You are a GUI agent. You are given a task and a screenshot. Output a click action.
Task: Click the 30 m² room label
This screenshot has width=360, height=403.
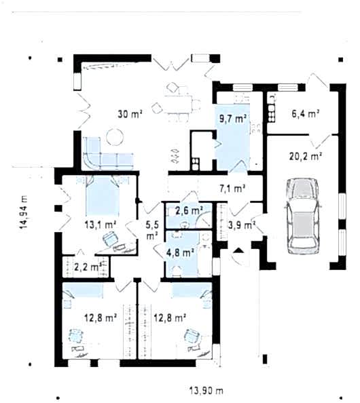tap(130, 114)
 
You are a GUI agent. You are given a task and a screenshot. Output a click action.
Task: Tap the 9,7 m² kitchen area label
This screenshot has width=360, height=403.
tap(233, 119)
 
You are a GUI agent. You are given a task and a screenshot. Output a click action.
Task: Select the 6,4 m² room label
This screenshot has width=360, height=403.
tap(306, 113)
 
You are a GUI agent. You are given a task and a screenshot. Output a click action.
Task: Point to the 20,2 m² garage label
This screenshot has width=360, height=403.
tap(306, 156)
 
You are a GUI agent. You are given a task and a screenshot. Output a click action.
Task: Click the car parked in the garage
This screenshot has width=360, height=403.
tap(302, 215)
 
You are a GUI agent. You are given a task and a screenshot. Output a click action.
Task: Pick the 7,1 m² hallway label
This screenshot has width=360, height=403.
tap(232, 189)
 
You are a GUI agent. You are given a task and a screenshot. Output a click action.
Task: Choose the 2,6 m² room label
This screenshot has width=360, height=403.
tap(189, 211)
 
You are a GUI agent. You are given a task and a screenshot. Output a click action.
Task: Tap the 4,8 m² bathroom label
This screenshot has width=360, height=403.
tap(180, 252)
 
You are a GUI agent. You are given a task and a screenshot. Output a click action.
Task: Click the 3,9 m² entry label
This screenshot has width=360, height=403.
tap(242, 225)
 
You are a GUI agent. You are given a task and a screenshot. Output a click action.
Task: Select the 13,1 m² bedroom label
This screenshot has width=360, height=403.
tap(101, 225)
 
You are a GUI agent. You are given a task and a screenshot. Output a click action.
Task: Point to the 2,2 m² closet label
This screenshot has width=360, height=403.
tap(87, 267)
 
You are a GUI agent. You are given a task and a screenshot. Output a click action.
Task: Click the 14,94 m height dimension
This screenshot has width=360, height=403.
tap(24, 212)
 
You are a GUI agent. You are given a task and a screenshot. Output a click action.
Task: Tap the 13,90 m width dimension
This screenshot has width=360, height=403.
tap(206, 391)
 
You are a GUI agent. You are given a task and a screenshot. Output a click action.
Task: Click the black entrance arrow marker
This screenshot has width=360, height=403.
tap(239, 250)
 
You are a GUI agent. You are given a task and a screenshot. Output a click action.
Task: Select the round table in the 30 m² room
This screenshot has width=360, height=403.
tap(115, 137)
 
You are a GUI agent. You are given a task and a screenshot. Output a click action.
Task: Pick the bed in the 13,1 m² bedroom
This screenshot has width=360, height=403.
tap(103, 195)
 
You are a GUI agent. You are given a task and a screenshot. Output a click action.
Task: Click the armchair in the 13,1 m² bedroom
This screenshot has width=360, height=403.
tap(110, 238)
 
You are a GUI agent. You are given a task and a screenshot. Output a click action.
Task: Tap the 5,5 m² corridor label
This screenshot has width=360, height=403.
tap(152, 230)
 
